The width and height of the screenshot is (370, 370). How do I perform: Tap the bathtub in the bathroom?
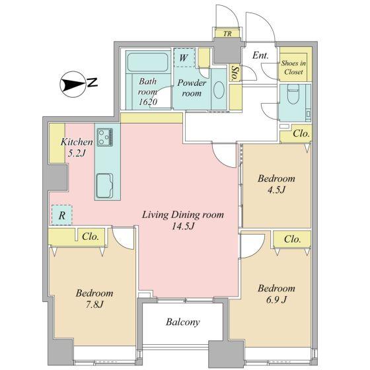pyautogui.click(x=148, y=62)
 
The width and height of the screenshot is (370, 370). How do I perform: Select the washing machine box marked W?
pyautogui.click(x=184, y=58)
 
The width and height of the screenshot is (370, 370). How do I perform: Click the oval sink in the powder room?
pyautogui.click(x=219, y=90)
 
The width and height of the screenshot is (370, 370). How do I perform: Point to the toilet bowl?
pyautogui.click(x=293, y=94)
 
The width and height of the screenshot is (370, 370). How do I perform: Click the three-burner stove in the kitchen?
pyautogui.click(x=105, y=137)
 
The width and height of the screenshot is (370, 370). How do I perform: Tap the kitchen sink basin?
pyautogui.click(x=105, y=186)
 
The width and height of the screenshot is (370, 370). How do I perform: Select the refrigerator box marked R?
pyautogui.click(x=62, y=215)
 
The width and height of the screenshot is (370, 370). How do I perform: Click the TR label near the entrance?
pyautogui.click(x=227, y=34)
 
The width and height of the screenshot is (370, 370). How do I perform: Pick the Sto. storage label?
pyautogui.click(x=235, y=73)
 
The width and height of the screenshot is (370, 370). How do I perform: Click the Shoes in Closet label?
pyautogui.click(x=293, y=67)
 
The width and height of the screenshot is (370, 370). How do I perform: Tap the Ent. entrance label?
pyautogui.click(x=260, y=55)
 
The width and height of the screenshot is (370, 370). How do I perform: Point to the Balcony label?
pyautogui.click(x=182, y=322)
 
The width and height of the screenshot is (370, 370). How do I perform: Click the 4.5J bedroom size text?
pyautogui.click(x=276, y=190)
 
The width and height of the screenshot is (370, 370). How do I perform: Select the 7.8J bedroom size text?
pyautogui.click(x=94, y=305)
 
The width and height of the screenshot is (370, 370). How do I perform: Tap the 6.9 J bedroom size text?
pyautogui.click(x=276, y=300)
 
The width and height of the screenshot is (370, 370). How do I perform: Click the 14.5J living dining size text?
pyautogui.click(x=183, y=226)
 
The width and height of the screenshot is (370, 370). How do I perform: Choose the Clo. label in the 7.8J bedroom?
pyautogui.click(x=91, y=237)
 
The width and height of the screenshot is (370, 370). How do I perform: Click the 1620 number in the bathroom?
pyautogui.click(x=148, y=102)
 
